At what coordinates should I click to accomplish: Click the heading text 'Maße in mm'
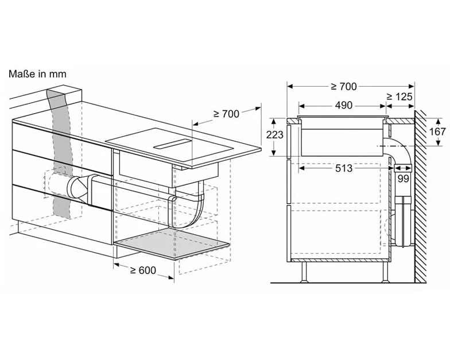(37, 74)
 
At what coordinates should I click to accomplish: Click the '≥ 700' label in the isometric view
(226, 114)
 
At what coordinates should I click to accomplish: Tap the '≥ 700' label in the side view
(343, 87)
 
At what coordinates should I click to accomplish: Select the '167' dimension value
(437, 132)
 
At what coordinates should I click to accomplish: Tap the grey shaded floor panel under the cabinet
(172, 244)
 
